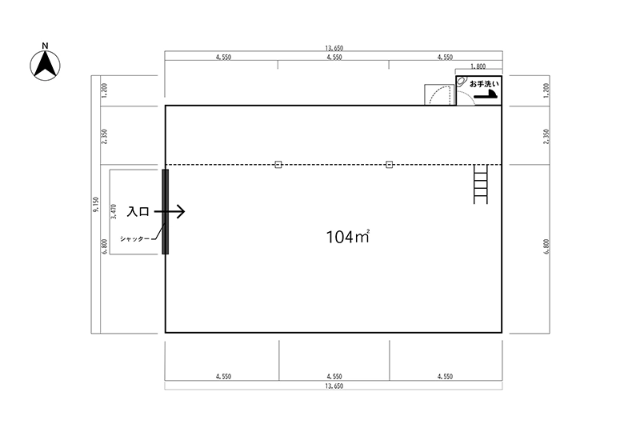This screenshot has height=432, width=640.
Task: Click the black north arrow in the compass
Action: tap(45, 66)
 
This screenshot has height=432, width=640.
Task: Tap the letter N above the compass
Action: tap(46, 46)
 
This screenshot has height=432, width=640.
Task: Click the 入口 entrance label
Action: tap(138, 211)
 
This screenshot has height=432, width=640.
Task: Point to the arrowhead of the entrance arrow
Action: tap(182, 211)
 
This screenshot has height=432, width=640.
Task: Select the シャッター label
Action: tap(134, 239)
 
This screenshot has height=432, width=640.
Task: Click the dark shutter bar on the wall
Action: tap(166, 211)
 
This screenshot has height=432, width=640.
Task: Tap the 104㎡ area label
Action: tap(348, 237)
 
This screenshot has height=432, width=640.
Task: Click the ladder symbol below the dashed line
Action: tap(481, 184)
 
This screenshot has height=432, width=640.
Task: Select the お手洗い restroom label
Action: tap(484, 84)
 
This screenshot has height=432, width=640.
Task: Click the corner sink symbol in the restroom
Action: tap(462, 81)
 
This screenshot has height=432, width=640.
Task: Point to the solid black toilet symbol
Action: tap(486, 94)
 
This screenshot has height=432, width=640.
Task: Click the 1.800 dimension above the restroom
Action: tap(478, 66)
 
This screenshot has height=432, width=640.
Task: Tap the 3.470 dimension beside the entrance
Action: tap(114, 211)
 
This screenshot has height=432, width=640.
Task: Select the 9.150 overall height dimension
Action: tap(96, 205)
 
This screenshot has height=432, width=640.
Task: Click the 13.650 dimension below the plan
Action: tap(334, 386)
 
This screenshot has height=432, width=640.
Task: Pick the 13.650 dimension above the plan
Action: tap(334, 48)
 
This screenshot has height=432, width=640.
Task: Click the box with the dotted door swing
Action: tap(439, 94)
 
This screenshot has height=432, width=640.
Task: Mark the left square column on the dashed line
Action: tap(278, 165)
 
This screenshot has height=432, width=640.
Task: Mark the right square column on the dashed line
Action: tap(389, 165)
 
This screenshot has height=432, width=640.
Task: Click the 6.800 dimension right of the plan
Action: tap(546, 246)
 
